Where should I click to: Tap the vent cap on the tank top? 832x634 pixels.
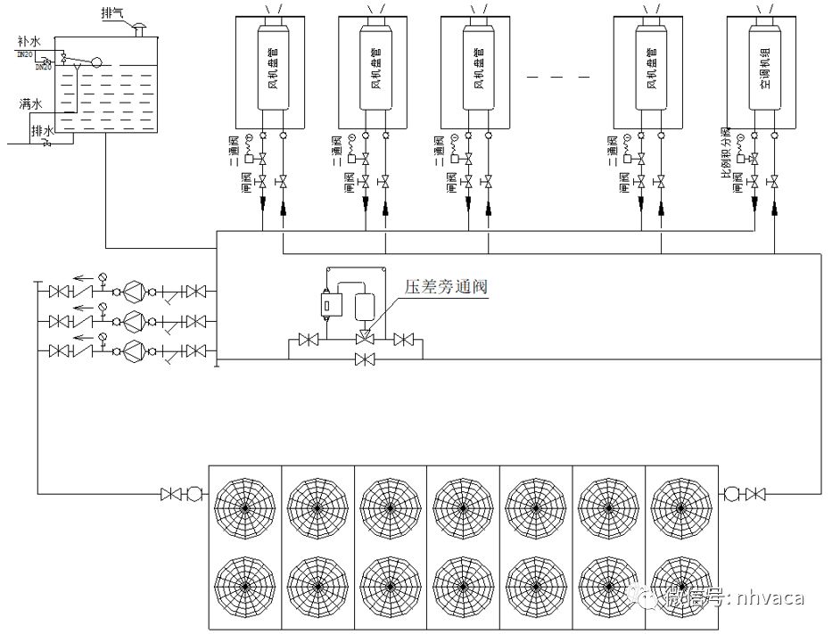click(x=138, y=32)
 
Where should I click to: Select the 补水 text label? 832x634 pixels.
click(x=29, y=42)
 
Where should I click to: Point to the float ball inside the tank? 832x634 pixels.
click(x=97, y=63)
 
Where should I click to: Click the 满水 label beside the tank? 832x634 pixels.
click(x=30, y=104)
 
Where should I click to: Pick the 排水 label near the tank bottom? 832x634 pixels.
click(x=42, y=131)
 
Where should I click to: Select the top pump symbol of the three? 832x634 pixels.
click(x=132, y=292)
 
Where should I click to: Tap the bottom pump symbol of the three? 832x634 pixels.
click(x=132, y=349)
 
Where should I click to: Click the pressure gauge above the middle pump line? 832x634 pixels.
click(x=103, y=307)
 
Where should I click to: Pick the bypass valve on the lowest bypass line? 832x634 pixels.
click(x=364, y=359)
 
